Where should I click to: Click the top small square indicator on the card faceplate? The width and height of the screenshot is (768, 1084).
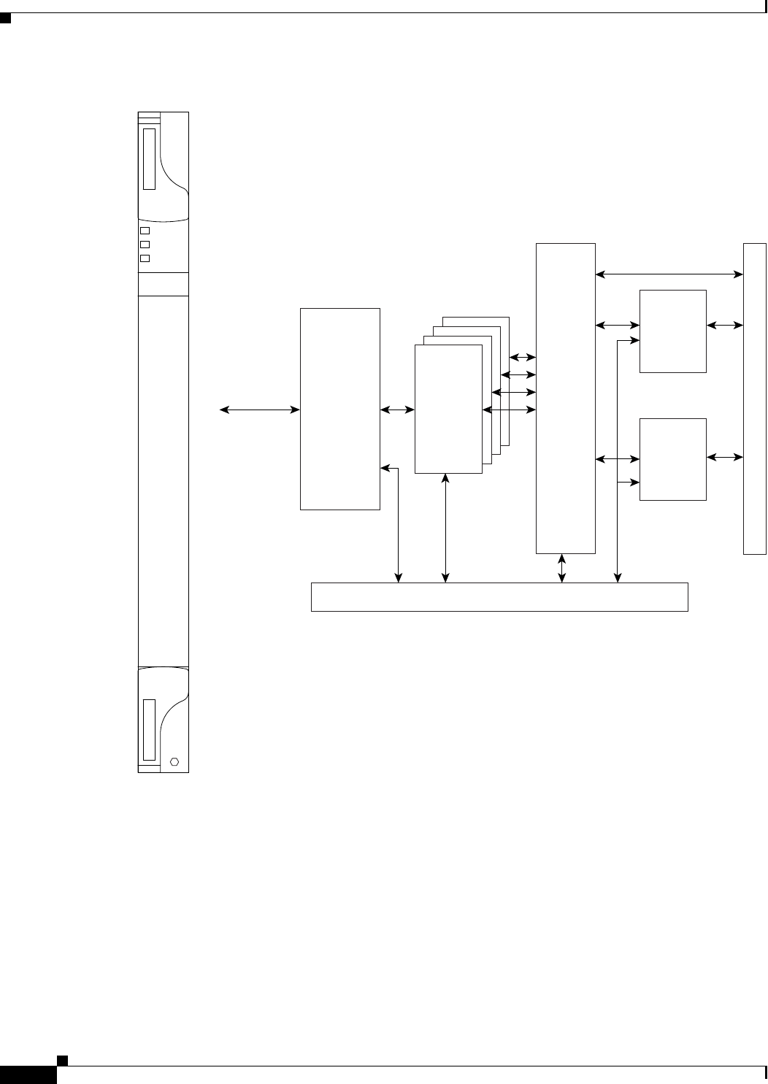tap(145, 231)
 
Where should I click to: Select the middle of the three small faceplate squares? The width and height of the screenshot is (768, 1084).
tap(145, 245)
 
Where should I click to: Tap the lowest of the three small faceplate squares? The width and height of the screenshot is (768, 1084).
tap(145, 258)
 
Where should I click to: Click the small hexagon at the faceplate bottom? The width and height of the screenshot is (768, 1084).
tap(174, 761)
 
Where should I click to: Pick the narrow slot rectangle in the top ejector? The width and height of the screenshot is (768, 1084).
tap(150, 159)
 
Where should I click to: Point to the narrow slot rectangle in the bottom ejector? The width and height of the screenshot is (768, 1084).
tap(150, 729)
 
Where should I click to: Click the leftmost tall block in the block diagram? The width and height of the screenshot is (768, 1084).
tap(340, 409)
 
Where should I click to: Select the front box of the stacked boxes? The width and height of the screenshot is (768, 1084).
tap(448, 409)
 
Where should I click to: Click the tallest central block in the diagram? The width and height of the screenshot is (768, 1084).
tap(565, 399)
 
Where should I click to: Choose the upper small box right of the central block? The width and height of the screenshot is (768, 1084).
tap(672, 331)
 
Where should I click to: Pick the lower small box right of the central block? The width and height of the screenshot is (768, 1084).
tap(672, 459)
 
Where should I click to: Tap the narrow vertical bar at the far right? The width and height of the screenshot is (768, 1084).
tap(754, 399)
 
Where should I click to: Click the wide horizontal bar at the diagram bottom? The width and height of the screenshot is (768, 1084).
tap(499, 596)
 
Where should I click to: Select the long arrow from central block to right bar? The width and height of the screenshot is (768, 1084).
tap(669, 274)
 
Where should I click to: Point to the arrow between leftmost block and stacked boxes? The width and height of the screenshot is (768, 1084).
tap(397, 410)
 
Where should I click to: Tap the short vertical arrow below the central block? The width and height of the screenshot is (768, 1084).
tap(561, 568)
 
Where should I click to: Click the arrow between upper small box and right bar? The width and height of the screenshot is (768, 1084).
tap(724, 325)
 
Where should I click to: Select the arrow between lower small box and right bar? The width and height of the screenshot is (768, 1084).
tap(724, 457)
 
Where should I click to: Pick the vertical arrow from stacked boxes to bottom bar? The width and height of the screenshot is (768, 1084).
tap(447, 528)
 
